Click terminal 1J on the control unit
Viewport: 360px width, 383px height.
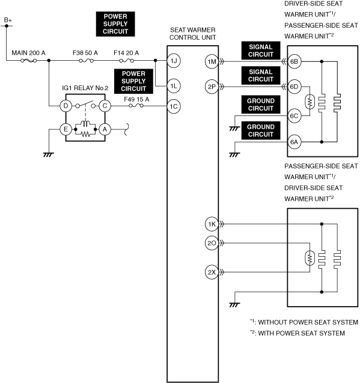174,61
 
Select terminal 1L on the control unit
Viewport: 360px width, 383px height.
174,86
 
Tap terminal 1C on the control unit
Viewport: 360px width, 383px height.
174,106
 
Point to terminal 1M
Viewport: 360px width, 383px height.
212,61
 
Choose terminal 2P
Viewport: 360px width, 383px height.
212,87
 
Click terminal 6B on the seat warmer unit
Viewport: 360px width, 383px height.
294,61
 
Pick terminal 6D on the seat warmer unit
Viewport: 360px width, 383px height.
294,87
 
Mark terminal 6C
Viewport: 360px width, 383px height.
294,116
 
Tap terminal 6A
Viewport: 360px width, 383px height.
294,142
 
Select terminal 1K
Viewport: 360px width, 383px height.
212,224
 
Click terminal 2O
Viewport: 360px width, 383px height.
212,243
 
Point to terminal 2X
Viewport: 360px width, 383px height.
212,272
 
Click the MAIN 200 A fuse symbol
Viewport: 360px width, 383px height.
29,61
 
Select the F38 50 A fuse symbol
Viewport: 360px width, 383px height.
86,61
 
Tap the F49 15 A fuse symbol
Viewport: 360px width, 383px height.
136,106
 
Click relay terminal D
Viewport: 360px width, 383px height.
66,106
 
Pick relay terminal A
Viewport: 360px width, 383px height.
105,129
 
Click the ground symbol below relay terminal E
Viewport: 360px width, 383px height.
49,155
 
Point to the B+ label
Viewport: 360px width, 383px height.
8,20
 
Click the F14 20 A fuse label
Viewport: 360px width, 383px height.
126,53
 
